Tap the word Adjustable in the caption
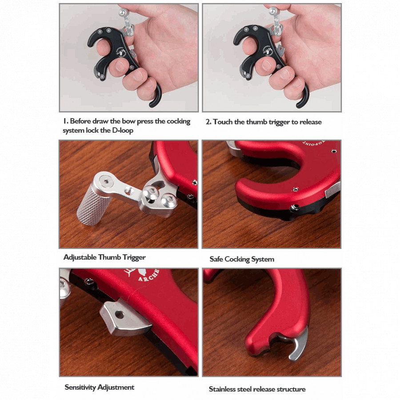pyautogui.click(x=80, y=257)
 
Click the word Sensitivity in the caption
pyautogui.click(x=80, y=387)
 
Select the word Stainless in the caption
pyautogui.click(x=222, y=389)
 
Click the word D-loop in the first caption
pyautogui.click(x=123, y=130)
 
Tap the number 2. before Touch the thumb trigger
pyautogui.click(x=208, y=122)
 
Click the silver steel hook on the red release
pyautogui.click(x=299, y=344)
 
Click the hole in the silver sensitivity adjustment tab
pyautogui.click(x=120, y=315)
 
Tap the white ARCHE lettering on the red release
pyautogui.click(x=149, y=276)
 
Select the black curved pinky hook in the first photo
pyautogui.click(x=156, y=96)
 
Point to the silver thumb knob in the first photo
pyautogui.click(x=123, y=12)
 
